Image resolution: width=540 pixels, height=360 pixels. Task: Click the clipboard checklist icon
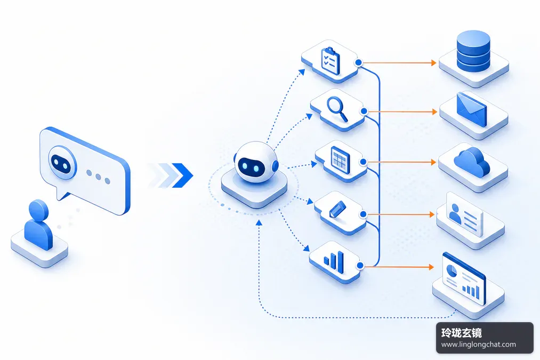(331, 61)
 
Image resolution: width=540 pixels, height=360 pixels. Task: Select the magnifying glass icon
(337, 109)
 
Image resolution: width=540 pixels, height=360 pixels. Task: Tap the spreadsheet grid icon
(340, 160)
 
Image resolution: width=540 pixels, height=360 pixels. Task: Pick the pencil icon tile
(340, 213)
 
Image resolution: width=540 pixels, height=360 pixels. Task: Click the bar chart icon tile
(335, 262)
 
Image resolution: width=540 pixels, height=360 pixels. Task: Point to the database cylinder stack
(473, 51)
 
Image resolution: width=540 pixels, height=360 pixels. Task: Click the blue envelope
(471, 109)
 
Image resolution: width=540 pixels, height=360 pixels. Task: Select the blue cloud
(472, 162)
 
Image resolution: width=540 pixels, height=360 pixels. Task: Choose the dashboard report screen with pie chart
(464, 279)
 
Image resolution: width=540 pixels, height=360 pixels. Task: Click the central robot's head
(255, 162)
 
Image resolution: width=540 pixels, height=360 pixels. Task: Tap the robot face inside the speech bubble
(62, 163)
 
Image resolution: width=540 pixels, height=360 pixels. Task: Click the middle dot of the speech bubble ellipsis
(98, 177)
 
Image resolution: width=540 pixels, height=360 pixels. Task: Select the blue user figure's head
(38, 210)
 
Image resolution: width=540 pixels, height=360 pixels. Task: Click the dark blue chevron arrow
(182, 175)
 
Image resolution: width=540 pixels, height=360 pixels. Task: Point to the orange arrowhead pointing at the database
(434, 63)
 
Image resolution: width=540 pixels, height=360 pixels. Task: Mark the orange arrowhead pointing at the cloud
(433, 162)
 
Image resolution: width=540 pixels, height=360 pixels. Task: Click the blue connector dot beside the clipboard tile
(359, 63)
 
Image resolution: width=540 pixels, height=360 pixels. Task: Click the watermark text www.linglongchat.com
(478, 345)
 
